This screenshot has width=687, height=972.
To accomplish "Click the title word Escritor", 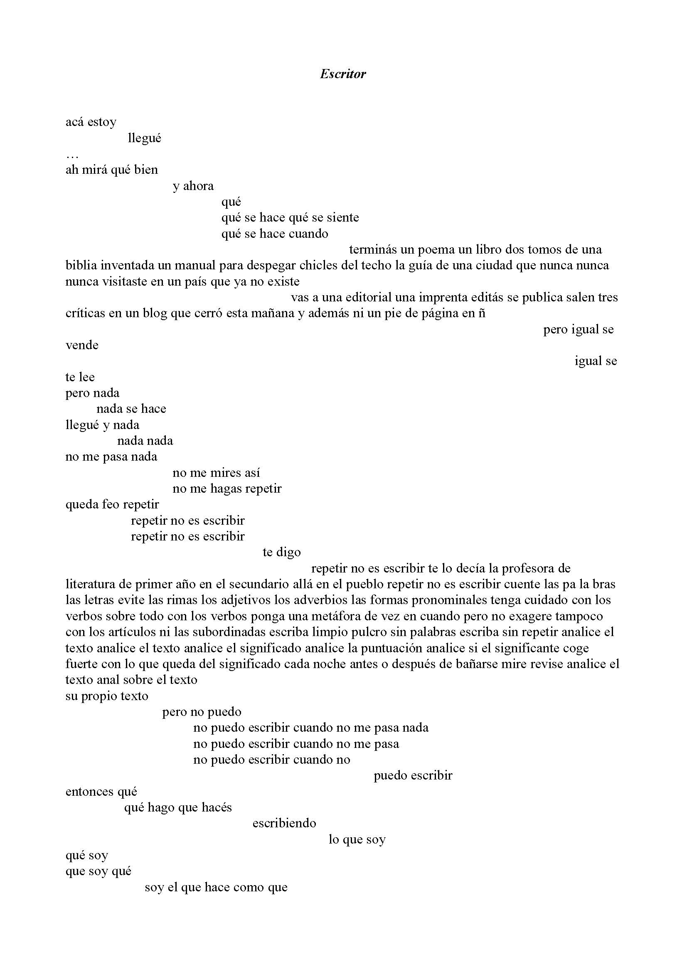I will click(x=343, y=74).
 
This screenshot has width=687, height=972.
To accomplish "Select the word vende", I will click(x=82, y=345).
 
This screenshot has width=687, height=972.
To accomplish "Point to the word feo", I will click(x=111, y=504).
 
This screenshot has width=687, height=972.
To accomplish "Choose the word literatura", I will click(x=90, y=584).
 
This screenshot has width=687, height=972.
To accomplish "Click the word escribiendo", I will click(x=284, y=824).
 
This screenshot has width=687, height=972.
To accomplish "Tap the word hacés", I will click(x=217, y=807).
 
